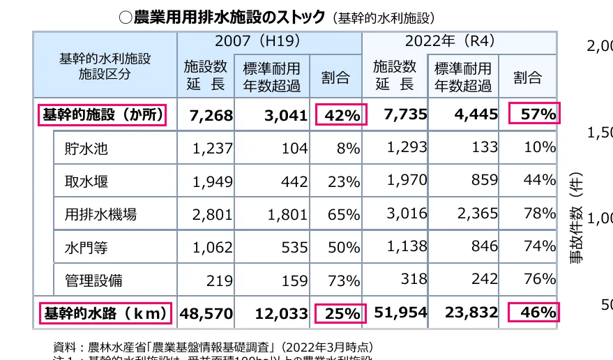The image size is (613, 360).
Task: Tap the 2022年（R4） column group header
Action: [458, 41]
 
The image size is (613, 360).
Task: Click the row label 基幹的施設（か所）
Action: [101, 114]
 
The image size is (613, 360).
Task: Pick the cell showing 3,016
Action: [405, 213]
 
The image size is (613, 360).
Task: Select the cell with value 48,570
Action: [206, 314]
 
